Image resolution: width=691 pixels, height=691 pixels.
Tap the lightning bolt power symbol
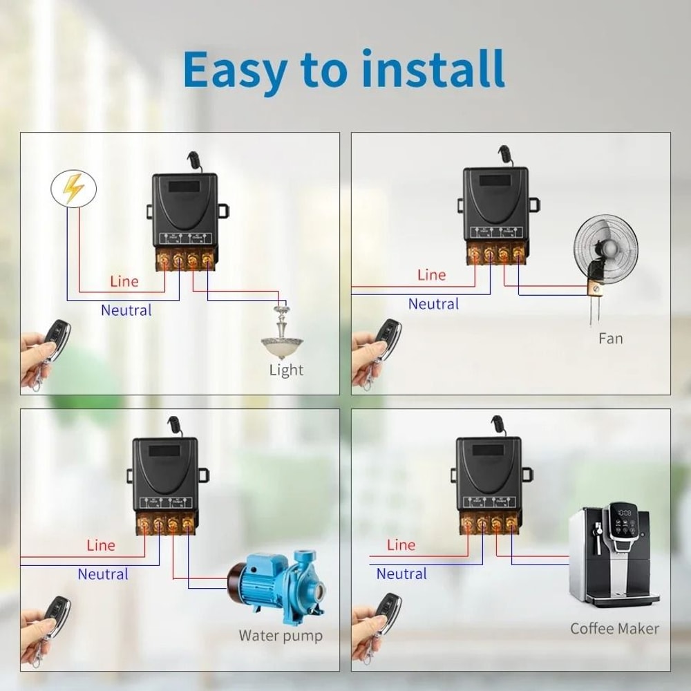(73, 188)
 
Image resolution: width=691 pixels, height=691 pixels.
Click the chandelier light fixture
(283, 334)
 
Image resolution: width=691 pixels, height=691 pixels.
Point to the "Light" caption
(286, 370)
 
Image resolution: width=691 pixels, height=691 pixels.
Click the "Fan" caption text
(610, 339)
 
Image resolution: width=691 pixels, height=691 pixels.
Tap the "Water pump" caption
(281, 636)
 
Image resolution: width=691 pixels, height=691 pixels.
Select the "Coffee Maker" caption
(614, 629)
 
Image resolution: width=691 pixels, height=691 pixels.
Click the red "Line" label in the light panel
(124, 281)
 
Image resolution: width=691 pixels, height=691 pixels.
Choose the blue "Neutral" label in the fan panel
(433, 304)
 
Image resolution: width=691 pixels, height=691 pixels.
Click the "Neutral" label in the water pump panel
(103, 574)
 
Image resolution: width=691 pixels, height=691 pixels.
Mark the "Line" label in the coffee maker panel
(401, 545)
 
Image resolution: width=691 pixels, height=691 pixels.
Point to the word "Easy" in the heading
(234, 68)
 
